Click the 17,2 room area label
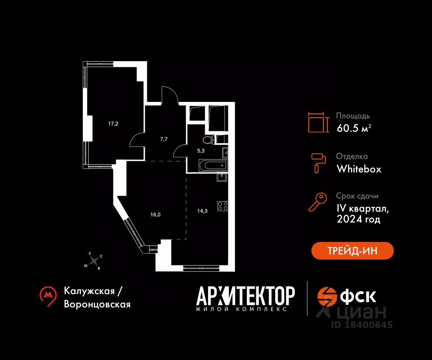pyautogui.click(x=113, y=123)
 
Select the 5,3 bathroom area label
pyautogui.click(x=201, y=151)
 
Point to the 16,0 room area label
pyautogui.click(x=155, y=214)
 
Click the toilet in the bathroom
pyautogui.click(x=208, y=140)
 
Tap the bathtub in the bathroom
pyautogui.click(x=213, y=166)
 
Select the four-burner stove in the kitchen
pyautogui.click(x=222, y=206)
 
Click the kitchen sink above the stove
pyautogui.click(x=221, y=177)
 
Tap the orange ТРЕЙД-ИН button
pyautogui.click(x=352, y=251)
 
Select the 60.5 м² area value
pyautogui.click(x=354, y=128)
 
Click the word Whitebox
pyautogui.click(x=359, y=169)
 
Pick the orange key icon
pyautogui.click(x=318, y=202)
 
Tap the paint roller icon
pyautogui.click(x=318, y=162)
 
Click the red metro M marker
pyautogui.click(x=48, y=296)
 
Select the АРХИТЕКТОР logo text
pyautogui.click(x=246, y=296)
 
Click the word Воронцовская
pyautogui.click(x=97, y=304)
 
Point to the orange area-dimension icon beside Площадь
pyautogui.click(x=318, y=122)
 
